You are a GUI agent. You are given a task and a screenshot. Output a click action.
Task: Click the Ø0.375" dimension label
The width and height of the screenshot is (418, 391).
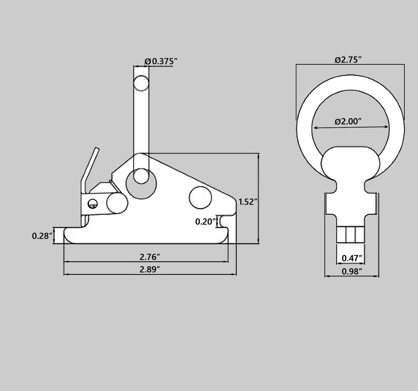[161, 61]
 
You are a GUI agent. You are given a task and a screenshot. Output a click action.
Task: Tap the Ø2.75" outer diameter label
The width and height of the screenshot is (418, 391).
[348, 60]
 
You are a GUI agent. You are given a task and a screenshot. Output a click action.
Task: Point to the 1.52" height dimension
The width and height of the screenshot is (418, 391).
[248, 202]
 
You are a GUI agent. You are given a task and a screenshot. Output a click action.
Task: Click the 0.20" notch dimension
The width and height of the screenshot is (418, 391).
[206, 222]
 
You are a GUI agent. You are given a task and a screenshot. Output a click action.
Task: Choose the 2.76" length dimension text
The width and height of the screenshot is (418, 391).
[150, 257]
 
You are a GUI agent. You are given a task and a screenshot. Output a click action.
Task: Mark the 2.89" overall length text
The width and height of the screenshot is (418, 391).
[150, 269]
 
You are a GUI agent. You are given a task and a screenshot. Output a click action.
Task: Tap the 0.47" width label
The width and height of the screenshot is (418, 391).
[352, 258]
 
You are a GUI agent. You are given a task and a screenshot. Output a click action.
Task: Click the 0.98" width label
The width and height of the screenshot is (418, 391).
[352, 272]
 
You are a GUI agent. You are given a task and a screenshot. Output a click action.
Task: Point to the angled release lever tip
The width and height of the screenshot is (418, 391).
[97, 151]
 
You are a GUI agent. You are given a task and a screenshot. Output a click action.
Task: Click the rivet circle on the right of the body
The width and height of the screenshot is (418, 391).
[200, 197]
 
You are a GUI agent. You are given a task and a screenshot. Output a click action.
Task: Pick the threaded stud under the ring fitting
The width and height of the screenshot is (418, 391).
[351, 235]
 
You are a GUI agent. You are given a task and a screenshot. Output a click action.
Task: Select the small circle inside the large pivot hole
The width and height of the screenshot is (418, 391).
[141, 176]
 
